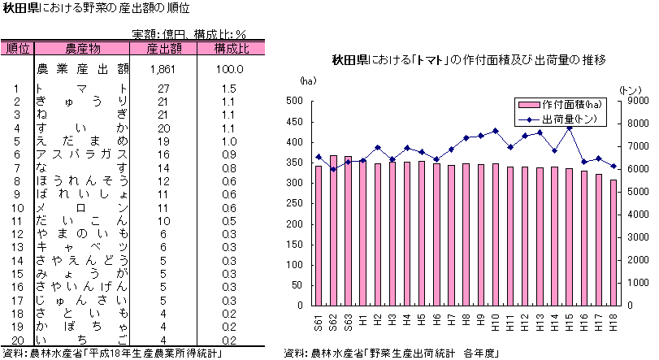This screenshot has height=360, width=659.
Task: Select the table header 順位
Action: coord(17,49)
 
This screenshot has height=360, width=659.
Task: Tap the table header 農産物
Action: coord(82,49)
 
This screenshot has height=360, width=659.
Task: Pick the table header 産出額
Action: coord(163,49)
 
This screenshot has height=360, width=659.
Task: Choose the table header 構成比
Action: coord(231,49)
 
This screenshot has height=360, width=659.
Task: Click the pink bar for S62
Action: coord(333,230)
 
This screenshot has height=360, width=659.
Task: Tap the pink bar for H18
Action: coord(613,242)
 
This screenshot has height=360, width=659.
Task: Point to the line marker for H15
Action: coord(569,128)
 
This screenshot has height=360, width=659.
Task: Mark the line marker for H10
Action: coord(496,131)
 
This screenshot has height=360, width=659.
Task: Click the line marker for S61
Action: coord(319,157)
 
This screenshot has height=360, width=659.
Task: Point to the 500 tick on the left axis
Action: coord(295,101)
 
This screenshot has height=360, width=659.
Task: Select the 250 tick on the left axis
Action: coord(295,203)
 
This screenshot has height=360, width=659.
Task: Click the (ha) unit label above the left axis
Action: coord(307,81)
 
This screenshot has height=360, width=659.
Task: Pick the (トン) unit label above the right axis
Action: coord(629,89)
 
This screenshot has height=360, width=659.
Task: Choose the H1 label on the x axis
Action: coord(363,323)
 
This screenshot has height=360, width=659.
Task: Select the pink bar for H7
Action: coord(451,235)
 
